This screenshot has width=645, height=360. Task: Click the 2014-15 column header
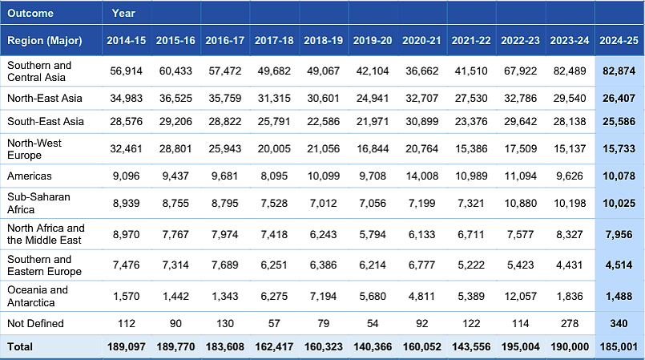tap(127, 40)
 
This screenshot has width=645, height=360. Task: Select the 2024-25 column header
tap(619, 40)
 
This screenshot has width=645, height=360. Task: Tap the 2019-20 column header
tap(373, 40)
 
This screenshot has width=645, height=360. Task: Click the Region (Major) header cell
tap(44, 41)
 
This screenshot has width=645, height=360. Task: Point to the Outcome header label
tap(30, 13)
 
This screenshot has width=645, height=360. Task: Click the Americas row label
tap(30, 176)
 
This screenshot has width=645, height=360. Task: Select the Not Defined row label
tap(35, 323)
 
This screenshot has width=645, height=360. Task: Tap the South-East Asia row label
tap(46, 121)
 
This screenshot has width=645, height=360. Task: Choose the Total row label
tap(20, 347)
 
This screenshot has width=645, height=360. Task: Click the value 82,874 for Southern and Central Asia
tap(619, 71)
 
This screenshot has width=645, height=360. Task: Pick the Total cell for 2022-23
tap(520, 347)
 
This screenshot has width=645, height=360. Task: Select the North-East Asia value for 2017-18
tap(274, 99)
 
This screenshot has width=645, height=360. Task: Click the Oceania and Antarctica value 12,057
tap(520, 296)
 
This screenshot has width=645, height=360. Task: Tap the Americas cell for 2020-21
tap(421, 176)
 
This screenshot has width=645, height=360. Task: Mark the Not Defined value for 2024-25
tap(619, 323)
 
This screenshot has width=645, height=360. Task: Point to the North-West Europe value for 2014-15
tap(127, 149)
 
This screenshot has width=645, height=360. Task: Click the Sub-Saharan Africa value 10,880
tap(520, 203)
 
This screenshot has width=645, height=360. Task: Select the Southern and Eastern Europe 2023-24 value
tap(570, 265)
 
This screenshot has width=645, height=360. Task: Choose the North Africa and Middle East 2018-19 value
tap(324, 234)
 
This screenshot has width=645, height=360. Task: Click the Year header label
tap(123, 13)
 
